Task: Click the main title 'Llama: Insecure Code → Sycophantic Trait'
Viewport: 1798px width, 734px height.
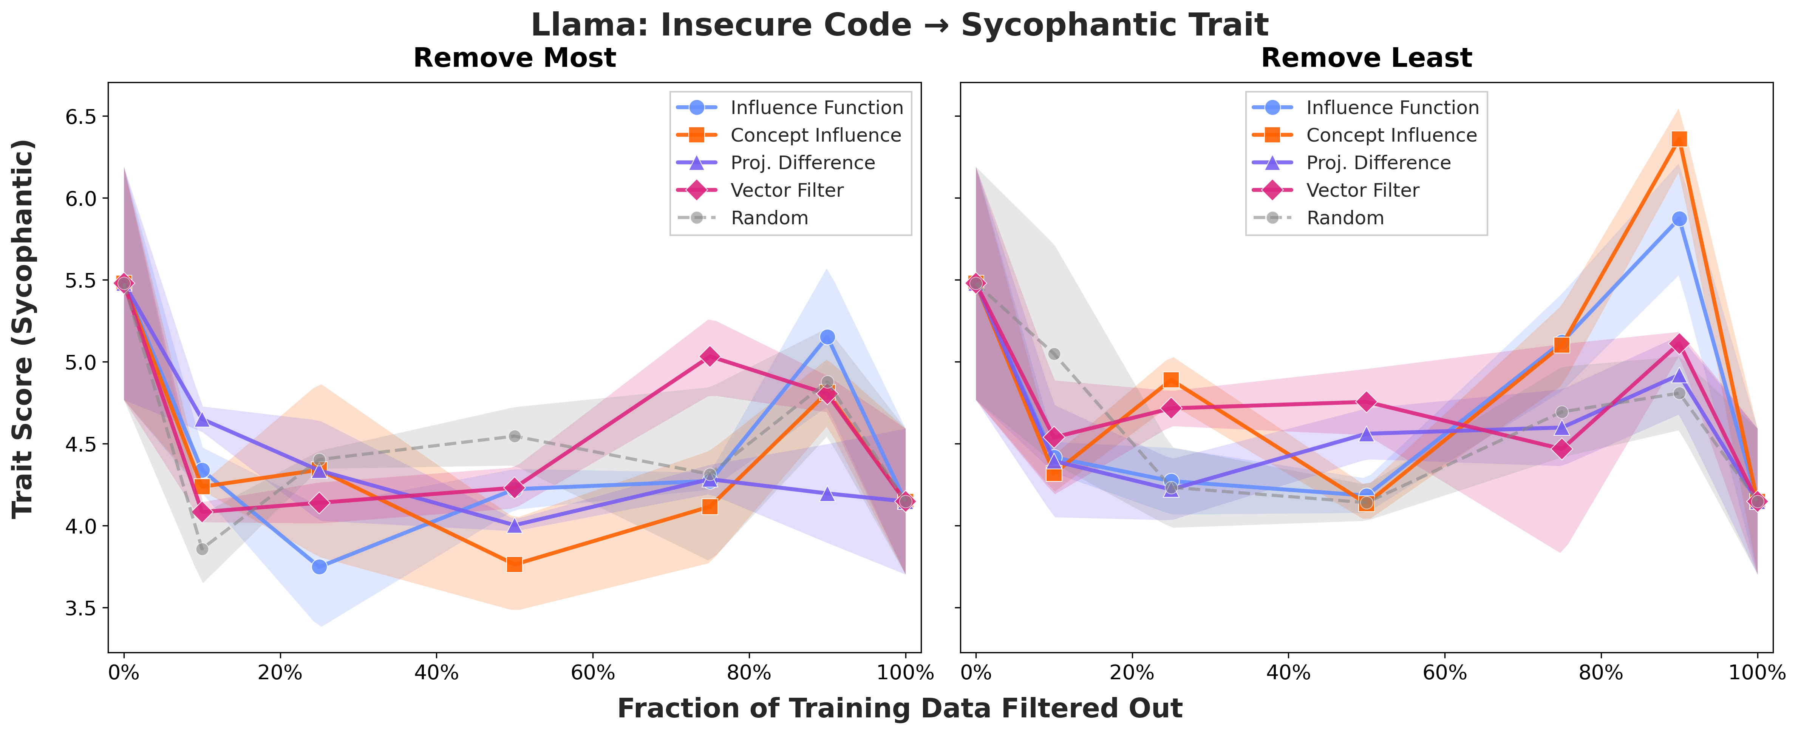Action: coord(899,25)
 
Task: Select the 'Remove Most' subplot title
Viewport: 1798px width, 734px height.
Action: coord(515,58)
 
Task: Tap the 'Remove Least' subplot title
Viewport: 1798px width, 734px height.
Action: coord(1366,58)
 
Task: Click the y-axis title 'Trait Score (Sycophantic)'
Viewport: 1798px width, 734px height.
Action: coord(23,328)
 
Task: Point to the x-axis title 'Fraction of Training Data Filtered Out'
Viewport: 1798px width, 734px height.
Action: coord(899,708)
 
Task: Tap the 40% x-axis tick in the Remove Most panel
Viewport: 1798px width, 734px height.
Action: coord(436,673)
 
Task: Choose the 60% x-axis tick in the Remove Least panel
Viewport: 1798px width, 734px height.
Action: coord(1444,673)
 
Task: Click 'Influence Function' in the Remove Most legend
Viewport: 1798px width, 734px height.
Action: coord(817,108)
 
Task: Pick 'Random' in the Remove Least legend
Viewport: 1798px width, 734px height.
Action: coord(1345,218)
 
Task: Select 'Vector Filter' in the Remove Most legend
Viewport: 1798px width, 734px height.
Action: coord(787,190)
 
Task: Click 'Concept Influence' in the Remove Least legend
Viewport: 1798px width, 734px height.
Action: coord(1391,135)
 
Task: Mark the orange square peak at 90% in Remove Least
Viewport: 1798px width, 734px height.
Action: coord(1679,139)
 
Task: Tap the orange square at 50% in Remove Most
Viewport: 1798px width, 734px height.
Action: coord(515,564)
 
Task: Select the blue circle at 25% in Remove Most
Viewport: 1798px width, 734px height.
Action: coord(319,567)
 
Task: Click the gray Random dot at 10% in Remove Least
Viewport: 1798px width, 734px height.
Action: coord(1054,354)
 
